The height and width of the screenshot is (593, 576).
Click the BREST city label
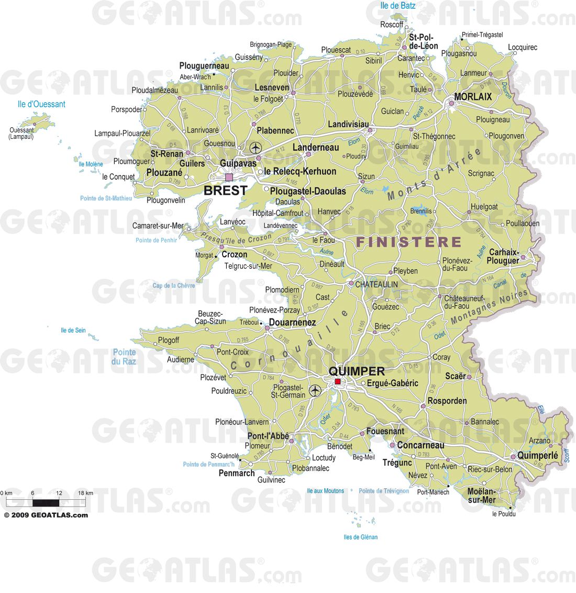click(225, 191)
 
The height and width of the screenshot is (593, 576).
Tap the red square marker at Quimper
click(338, 382)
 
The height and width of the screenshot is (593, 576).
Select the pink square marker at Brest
click(229, 177)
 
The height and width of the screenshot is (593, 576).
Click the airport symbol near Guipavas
click(256, 148)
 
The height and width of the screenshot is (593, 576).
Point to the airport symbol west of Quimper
click(315, 390)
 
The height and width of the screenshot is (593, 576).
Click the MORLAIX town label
click(473, 97)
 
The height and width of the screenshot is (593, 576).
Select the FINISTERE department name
click(408, 242)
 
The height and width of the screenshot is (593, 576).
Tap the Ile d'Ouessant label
click(41, 104)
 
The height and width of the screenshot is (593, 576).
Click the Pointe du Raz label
click(124, 357)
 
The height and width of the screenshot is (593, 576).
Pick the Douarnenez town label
click(292, 323)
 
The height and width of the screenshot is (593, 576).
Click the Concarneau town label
click(420, 445)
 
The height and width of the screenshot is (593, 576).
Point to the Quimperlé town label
click(537, 456)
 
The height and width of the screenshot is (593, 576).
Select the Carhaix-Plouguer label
click(503, 256)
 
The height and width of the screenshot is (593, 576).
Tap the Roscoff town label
click(392, 25)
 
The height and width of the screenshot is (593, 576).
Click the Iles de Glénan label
click(360, 537)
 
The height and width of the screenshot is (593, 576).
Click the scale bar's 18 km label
click(85, 493)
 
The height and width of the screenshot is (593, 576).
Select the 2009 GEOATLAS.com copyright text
click(46, 515)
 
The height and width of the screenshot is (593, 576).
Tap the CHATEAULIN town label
click(376, 284)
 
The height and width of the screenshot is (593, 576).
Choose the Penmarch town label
click(237, 473)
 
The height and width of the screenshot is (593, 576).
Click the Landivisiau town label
click(348, 125)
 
